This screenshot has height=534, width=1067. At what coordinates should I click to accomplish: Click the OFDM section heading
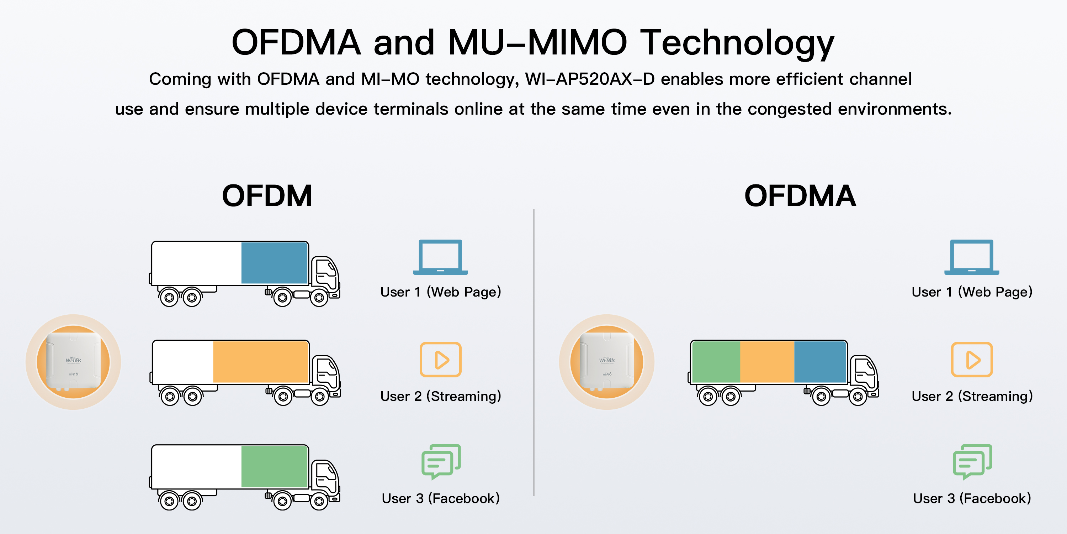267,196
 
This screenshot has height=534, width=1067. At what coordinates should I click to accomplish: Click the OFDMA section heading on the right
800,196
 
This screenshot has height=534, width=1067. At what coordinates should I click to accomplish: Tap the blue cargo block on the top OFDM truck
274,263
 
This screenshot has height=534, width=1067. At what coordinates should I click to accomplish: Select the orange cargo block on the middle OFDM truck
261,362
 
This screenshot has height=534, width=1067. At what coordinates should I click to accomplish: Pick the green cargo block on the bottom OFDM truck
274,466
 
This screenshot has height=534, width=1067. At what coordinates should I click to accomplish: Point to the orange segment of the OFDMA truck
767,362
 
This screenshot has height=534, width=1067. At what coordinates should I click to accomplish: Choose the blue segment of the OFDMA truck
820,362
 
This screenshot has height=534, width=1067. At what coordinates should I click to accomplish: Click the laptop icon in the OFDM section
440,257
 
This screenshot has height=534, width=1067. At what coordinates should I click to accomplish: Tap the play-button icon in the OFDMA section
972,360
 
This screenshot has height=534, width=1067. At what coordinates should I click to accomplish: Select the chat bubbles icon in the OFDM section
441,461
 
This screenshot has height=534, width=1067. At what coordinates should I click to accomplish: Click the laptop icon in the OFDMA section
972,257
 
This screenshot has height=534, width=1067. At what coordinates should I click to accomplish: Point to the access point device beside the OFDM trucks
73,362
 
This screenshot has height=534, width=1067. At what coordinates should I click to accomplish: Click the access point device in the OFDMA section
606,362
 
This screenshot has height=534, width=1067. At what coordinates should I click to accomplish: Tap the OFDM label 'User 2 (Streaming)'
441,396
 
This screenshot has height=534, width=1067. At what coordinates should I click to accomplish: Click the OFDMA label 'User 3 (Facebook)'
972,498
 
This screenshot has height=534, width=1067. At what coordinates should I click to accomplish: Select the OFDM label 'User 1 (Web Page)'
441,292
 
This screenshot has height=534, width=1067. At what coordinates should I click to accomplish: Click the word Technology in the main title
737,42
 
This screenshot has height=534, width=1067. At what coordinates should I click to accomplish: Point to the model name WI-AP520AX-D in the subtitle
590,79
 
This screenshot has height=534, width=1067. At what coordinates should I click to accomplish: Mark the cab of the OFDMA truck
865,373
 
